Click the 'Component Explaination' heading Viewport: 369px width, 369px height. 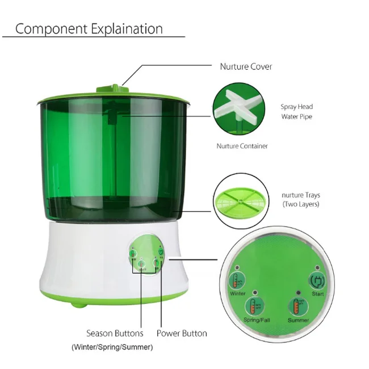(x=89, y=29)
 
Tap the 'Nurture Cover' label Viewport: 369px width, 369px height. (x=246, y=67)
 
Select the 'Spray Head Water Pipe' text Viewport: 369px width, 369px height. (x=296, y=112)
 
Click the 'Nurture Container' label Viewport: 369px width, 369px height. (x=242, y=146)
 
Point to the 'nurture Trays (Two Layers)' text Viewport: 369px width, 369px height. (x=300, y=200)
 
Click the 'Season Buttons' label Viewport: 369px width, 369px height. (x=115, y=333)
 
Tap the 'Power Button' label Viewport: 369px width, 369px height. (x=182, y=333)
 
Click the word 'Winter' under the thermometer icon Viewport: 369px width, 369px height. (x=238, y=294)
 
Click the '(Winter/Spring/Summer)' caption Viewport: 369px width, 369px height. (x=112, y=347)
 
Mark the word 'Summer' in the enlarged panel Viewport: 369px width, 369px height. (x=297, y=321)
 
